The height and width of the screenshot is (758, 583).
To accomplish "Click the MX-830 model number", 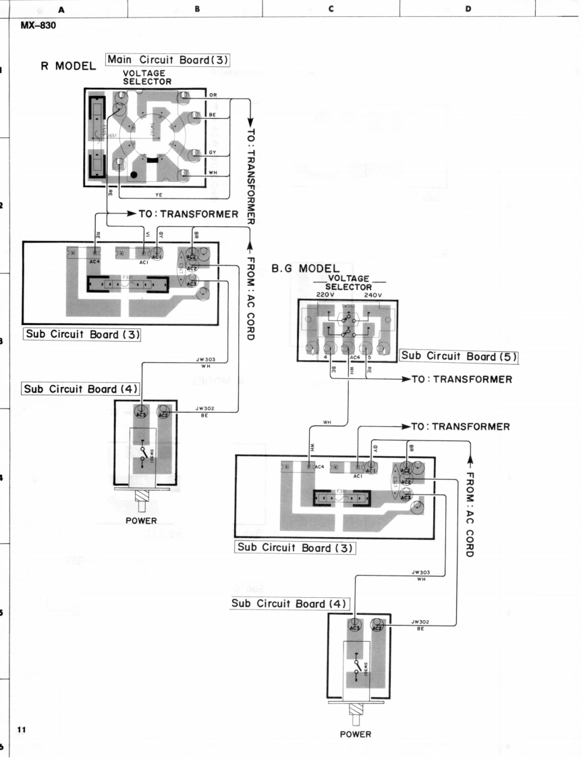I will pyautogui.click(x=38, y=27).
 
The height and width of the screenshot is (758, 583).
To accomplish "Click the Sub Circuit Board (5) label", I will pyautogui.click(x=453, y=356).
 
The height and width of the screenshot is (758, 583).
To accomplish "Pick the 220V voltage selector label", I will pyautogui.click(x=326, y=295).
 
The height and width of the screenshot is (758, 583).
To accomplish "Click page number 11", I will pyautogui.click(x=22, y=730).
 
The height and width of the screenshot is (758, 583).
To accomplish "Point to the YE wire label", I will pyautogui.click(x=160, y=195).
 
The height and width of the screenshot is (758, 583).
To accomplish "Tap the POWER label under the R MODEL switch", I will pyautogui.click(x=142, y=521).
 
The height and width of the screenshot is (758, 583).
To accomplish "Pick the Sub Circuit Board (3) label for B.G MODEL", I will pyautogui.click(x=295, y=547).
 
